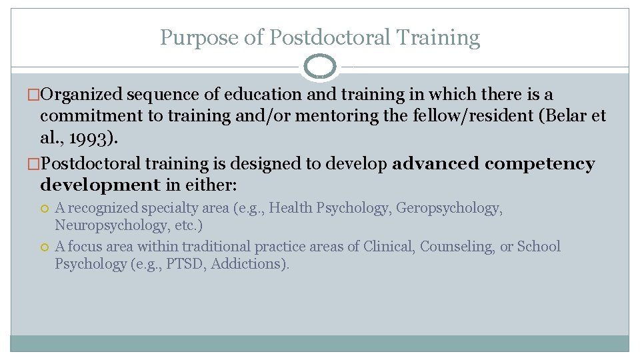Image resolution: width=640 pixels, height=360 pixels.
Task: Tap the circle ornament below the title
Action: pos(320,67)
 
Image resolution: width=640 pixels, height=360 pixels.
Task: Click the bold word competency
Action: pos(540,164)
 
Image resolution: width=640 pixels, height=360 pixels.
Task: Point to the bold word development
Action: pos(100,185)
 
